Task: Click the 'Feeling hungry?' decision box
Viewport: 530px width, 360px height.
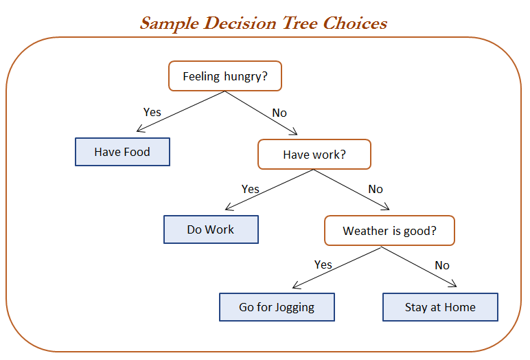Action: [225, 76]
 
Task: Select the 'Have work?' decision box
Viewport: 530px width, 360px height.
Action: [314, 155]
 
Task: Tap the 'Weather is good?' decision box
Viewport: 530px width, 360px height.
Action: [389, 231]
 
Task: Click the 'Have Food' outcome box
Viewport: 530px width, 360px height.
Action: [122, 152]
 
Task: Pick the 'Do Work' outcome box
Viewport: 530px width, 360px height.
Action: [211, 229]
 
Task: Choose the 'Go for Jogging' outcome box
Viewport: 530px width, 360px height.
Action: [277, 307]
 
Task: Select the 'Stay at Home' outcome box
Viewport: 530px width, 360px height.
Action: [440, 307]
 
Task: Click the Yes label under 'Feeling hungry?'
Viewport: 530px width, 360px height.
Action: [152, 112]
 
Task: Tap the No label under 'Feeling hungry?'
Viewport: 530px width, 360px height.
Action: [279, 113]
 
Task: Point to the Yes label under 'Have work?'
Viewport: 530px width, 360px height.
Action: [250, 189]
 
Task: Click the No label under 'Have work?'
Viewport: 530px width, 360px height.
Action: [376, 189]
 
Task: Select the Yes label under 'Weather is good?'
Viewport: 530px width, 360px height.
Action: [323, 265]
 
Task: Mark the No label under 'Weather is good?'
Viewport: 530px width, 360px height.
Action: [442, 265]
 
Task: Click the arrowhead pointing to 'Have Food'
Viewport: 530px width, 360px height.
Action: [139, 130]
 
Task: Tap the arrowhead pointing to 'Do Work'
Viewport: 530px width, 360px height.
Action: [228, 207]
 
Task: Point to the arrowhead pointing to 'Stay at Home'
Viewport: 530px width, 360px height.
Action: [454, 285]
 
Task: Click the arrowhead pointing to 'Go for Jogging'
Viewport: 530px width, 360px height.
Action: [295, 286]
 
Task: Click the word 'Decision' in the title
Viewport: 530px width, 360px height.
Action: [240, 23]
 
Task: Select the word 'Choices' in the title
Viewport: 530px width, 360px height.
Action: [355, 23]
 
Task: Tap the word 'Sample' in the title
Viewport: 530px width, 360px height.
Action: [170, 24]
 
